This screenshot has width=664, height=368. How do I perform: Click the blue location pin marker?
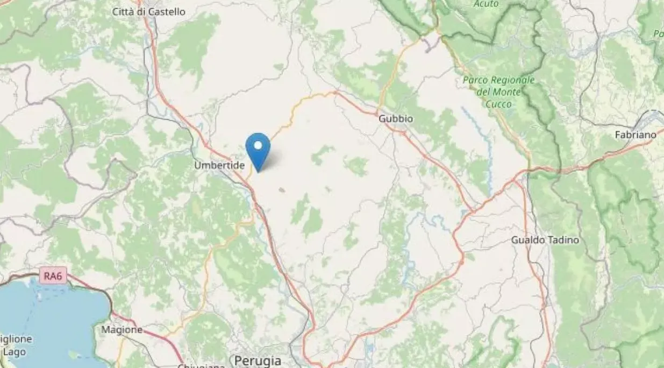258,151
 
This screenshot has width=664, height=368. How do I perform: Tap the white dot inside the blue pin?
258,145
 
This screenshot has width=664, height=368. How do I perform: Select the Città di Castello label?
149,11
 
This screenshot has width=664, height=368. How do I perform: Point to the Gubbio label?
396,119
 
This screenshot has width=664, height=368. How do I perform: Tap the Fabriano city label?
636,135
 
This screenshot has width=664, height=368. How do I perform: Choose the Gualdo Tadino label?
545,240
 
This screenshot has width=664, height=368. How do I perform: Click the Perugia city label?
257,358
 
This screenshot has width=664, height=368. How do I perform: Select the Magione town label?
122,329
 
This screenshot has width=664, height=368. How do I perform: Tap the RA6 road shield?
52,277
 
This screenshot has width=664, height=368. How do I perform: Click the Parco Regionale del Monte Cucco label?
498,92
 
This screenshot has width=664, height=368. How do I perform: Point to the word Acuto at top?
487,4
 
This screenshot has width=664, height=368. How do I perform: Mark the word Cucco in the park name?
498,104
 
